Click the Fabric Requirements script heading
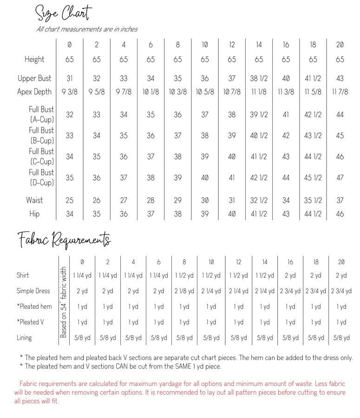64,240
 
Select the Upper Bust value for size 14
259,78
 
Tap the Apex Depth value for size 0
70,91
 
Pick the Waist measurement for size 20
340,200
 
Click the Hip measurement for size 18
313,214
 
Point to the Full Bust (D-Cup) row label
41,177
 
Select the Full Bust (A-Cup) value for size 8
178,115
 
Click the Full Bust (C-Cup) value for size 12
232,157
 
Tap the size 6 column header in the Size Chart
151,45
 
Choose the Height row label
35,59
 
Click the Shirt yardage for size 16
290,275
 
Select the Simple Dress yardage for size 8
184,291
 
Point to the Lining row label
24,338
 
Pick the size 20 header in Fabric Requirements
341,262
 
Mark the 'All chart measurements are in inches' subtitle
87,29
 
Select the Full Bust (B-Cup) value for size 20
340,136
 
